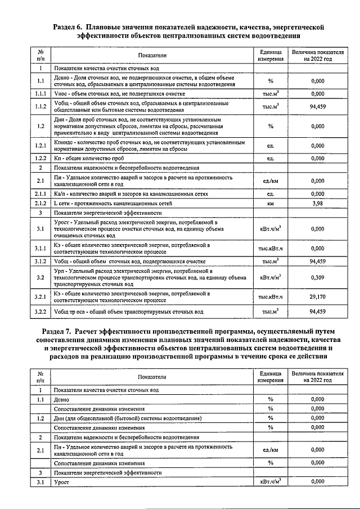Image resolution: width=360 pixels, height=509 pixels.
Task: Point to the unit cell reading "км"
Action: click(x=271, y=203)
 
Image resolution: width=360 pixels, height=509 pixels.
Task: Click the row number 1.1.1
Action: click(x=40, y=94)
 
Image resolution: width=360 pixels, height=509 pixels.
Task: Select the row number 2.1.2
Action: click(x=40, y=203)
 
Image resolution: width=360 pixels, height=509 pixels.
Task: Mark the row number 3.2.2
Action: click(x=40, y=311)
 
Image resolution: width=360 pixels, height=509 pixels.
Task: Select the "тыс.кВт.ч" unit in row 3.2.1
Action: click(x=271, y=296)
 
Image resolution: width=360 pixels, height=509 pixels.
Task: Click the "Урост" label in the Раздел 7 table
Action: click(x=62, y=482)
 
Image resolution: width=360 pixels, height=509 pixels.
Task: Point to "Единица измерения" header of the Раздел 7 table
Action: click(x=271, y=376)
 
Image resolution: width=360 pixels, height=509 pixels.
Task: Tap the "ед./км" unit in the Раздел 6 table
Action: click(x=271, y=181)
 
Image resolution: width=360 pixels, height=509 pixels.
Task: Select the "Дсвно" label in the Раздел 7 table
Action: click(x=62, y=399)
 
